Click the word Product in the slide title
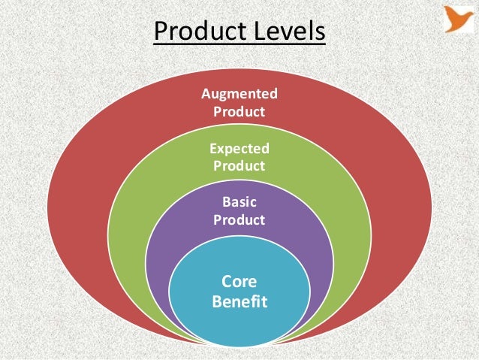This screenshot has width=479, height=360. [197, 32]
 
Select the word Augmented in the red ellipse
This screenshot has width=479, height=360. [239, 94]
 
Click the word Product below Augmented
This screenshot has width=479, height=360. [239, 112]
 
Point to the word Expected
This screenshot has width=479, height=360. [239, 149]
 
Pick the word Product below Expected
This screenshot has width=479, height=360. [239, 166]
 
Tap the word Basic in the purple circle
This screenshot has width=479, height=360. [239, 202]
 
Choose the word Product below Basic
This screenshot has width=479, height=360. [239, 220]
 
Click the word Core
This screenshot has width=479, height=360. [239, 283]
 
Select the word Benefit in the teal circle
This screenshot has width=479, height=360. [239, 303]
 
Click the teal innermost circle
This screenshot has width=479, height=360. [239, 323]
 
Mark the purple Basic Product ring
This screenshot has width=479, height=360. [173, 248]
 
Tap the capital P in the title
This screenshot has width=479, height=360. [159, 32]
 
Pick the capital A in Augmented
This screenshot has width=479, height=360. [206, 94]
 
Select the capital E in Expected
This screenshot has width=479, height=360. [212, 149]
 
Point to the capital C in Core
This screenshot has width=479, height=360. [227, 283]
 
